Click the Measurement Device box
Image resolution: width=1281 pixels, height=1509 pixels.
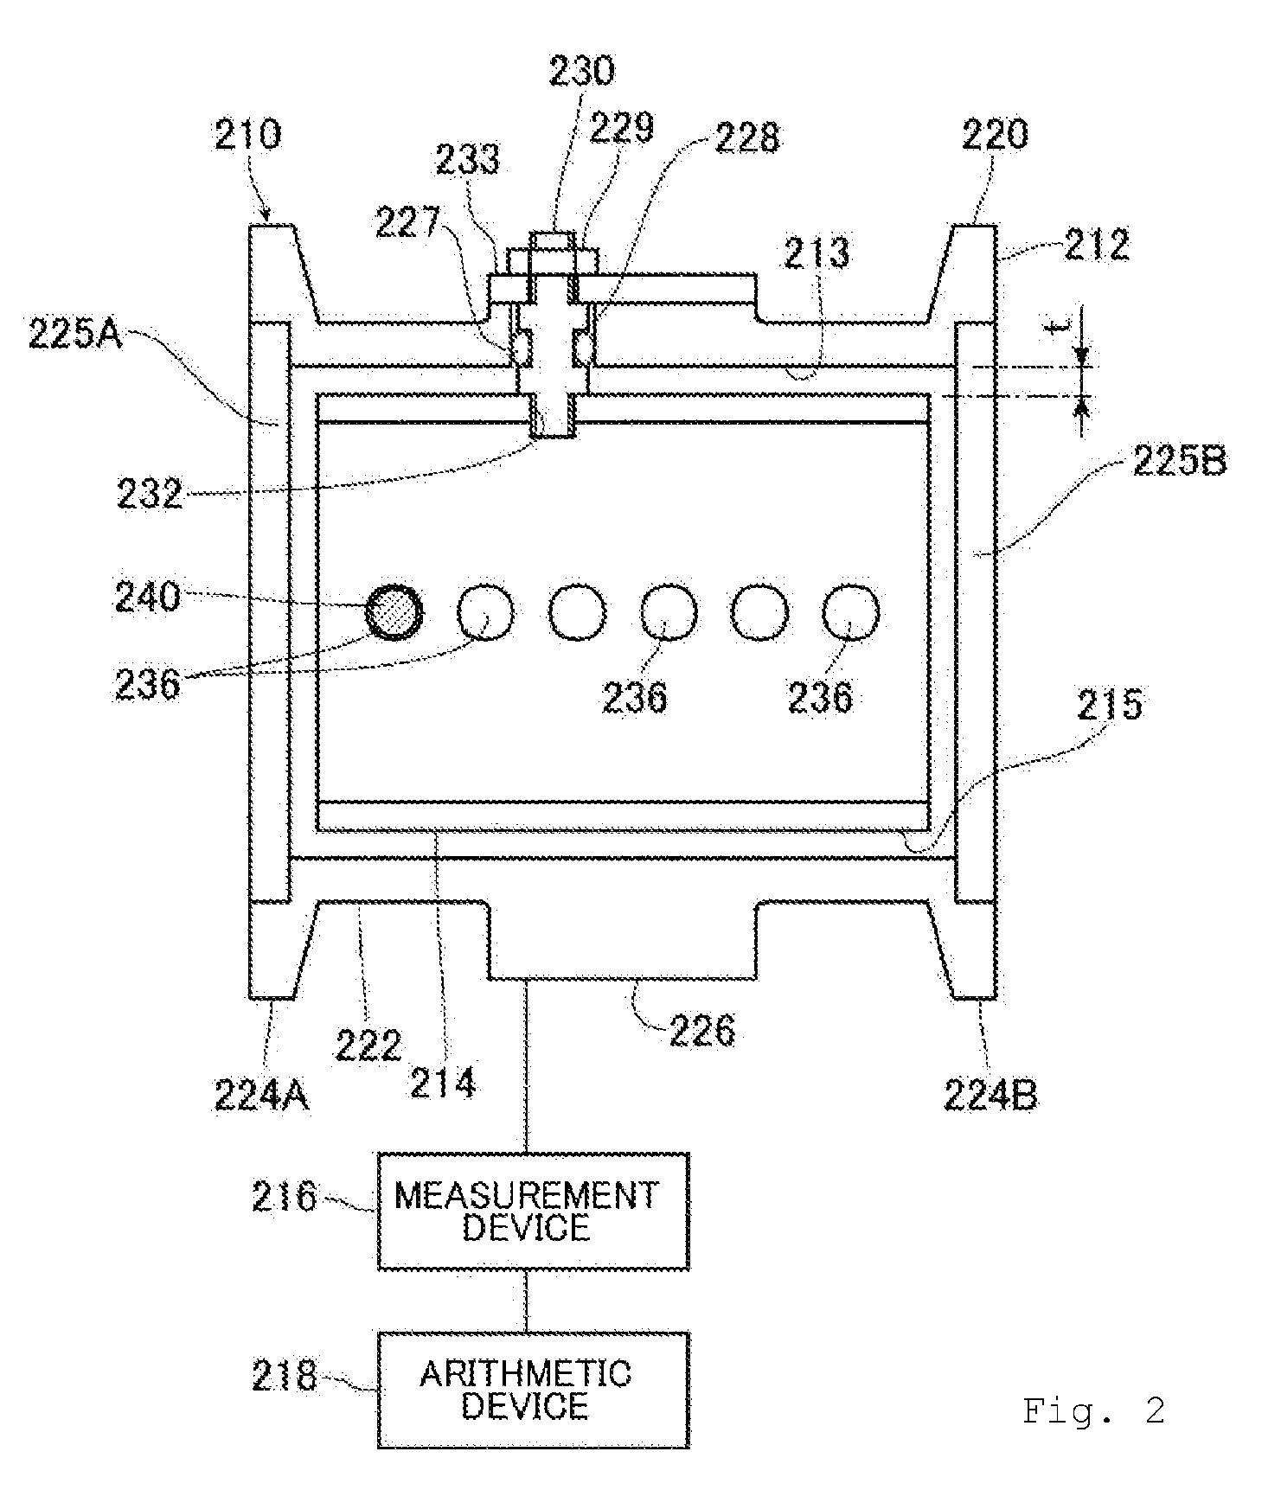tap(533, 1211)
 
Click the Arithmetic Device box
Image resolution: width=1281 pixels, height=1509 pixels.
tap(533, 1390)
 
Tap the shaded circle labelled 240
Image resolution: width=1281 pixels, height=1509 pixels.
tap(394, 612)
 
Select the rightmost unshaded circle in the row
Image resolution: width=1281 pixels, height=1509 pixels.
tap(850, 612)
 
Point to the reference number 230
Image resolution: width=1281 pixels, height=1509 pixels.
tap(582, 71)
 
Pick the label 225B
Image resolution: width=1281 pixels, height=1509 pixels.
tap(1179, 461)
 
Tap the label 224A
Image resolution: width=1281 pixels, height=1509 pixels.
tap(261, 1096)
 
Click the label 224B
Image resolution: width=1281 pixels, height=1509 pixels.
tap(990, 1096)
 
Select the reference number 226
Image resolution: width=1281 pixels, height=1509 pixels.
tap(702, 1031)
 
